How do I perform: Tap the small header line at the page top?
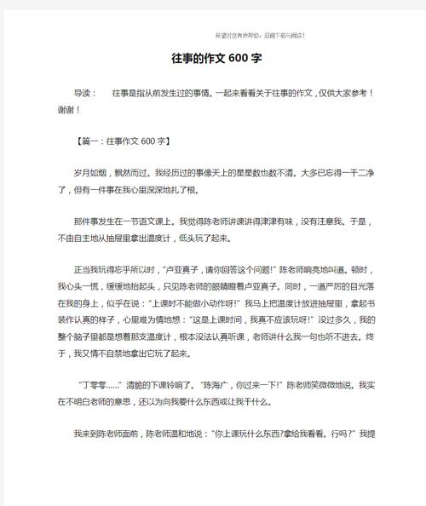(x=261, y=35)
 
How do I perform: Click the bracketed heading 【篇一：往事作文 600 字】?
(x=123, y=141)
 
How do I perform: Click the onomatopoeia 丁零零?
(x=94, y=384)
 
